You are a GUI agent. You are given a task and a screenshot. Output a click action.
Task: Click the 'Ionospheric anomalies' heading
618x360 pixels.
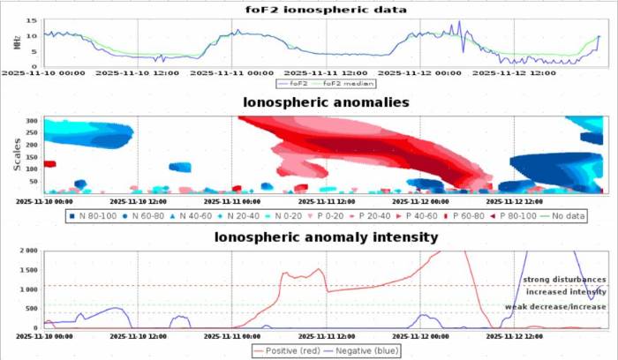326,102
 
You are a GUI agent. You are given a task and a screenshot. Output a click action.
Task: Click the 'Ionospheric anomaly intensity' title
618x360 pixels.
326,236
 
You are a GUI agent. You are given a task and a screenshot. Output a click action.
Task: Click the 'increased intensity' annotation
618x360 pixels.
566,291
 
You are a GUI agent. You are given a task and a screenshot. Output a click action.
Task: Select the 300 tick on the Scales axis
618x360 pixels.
32,120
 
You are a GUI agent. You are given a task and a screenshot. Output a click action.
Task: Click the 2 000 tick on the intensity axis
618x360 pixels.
26,251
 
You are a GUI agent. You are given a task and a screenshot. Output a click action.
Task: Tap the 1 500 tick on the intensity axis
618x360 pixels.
26,270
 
